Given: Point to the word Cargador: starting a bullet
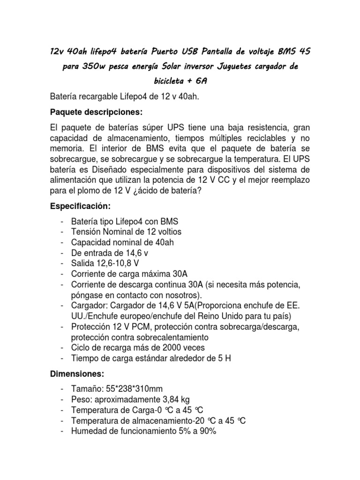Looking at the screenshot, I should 89,305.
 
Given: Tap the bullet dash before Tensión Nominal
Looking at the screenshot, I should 62,232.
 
